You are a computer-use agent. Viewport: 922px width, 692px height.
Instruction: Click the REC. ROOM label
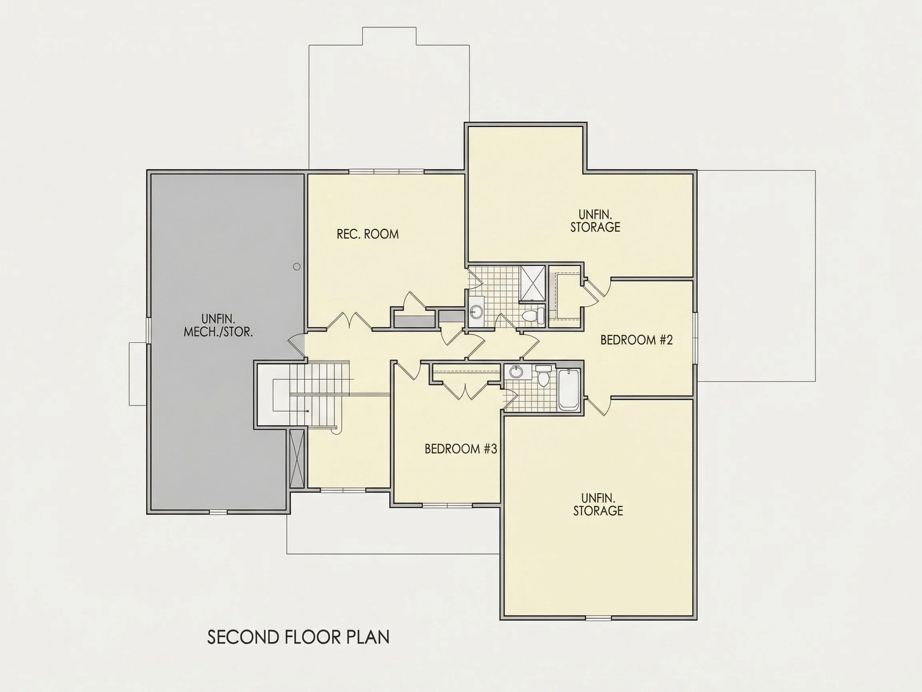(x=368, y=234)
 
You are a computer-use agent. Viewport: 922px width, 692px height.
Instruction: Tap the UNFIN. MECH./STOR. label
(x=218, y=325)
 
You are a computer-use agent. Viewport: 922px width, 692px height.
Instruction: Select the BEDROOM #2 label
(x=637, y=340)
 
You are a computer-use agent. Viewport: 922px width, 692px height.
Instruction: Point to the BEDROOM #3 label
(x=461, y=449)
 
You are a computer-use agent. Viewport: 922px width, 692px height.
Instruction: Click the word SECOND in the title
(x=243, y=638)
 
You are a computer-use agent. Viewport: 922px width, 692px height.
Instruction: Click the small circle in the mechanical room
(x=297, y=267)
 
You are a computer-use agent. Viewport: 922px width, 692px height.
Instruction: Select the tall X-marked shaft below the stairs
(x=297, y=459)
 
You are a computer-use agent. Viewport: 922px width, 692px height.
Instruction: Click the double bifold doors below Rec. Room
(x=348, y=321)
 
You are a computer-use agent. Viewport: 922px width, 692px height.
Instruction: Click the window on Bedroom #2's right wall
(x=695, y=338)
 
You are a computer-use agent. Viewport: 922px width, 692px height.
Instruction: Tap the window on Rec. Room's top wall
(x=387, y=171)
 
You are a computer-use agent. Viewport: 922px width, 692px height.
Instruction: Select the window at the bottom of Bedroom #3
(x=447, y=505)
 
